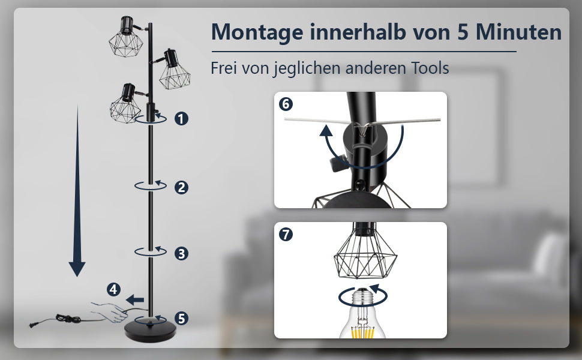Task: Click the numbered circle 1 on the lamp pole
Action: click(181, 118)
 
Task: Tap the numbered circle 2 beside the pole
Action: click(181, 187)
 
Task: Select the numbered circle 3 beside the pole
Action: click(181, 253)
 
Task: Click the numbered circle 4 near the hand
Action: click(113, 290)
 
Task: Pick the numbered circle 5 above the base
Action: click(181, 318)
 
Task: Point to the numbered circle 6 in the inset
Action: click(286, 104)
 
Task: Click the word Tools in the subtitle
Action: click(428, 68)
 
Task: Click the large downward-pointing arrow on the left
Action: click(77, 192)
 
